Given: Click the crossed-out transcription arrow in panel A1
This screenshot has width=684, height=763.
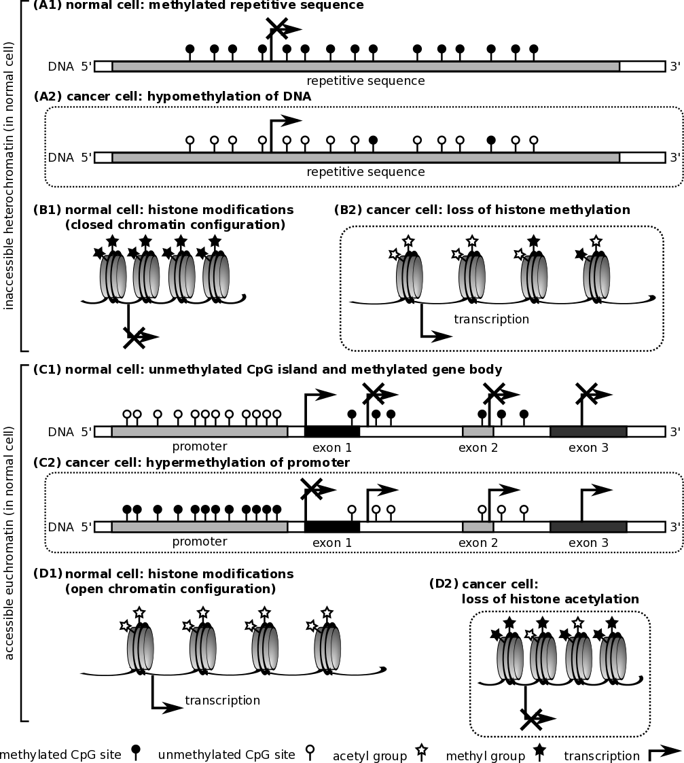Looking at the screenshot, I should tap(277, 29).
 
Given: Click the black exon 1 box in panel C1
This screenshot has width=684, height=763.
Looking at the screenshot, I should tap(332, 431).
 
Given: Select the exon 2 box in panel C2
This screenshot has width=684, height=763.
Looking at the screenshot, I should tap(478, 527).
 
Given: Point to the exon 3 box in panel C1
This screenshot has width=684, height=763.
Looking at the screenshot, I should tap(588, 431).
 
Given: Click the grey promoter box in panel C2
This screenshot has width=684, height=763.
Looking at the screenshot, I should tap(200, 527).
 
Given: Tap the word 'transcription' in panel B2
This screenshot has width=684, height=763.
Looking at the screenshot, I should tap(491, 319).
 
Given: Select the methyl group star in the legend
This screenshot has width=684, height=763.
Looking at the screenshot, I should tap(540, 751).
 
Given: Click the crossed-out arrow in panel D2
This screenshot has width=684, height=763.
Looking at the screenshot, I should tap(532, 719).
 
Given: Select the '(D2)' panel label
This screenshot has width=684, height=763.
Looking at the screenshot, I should tap(443, 584).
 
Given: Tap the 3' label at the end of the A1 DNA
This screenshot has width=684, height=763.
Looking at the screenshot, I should tap(674, 66).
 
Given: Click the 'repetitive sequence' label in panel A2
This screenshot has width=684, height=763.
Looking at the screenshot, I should tap(365, 172).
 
